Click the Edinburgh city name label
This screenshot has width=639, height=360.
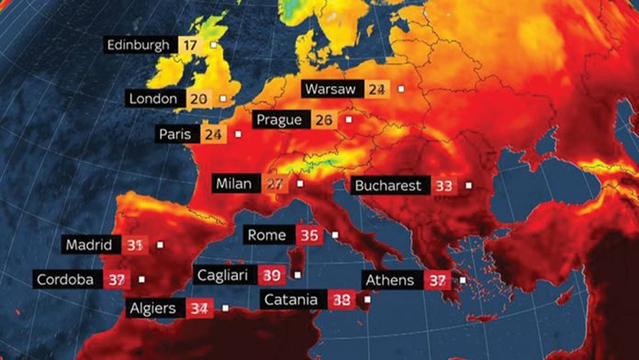(x=139, y=44)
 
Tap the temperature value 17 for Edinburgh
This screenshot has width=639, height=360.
(x=189, y=44)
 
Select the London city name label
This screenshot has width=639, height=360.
(x=153, y=98)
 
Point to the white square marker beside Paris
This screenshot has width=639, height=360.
(x=238, y=134)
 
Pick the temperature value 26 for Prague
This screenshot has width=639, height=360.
(x=323, y=120)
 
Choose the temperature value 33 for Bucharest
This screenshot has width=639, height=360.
(x=444, y=186)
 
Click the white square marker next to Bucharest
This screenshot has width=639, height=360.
(x=468, y=186)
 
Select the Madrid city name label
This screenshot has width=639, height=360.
(x=89, y=245)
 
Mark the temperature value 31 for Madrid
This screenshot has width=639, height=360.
(x=135, y=245)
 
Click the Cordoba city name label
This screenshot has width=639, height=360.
(x=65, y=279)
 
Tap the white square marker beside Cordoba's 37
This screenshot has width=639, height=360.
(x=141, y=279)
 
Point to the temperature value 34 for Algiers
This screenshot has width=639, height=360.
(x=197, y=309)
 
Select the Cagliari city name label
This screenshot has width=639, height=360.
(x=224, y=275)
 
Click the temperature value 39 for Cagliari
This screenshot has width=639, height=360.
(x=272, y=275)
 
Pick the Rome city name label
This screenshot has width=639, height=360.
(x=267, y=235)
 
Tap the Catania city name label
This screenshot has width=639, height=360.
(x=291, y=299)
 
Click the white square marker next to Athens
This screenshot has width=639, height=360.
(x=463, y=280)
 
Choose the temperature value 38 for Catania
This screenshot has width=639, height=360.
(x=342, y=299)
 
